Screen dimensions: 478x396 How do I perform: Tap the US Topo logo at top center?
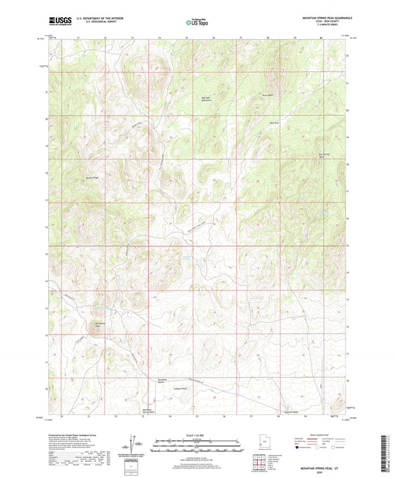coord(196,22)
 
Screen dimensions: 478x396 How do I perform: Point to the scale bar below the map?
coord(198,445)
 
